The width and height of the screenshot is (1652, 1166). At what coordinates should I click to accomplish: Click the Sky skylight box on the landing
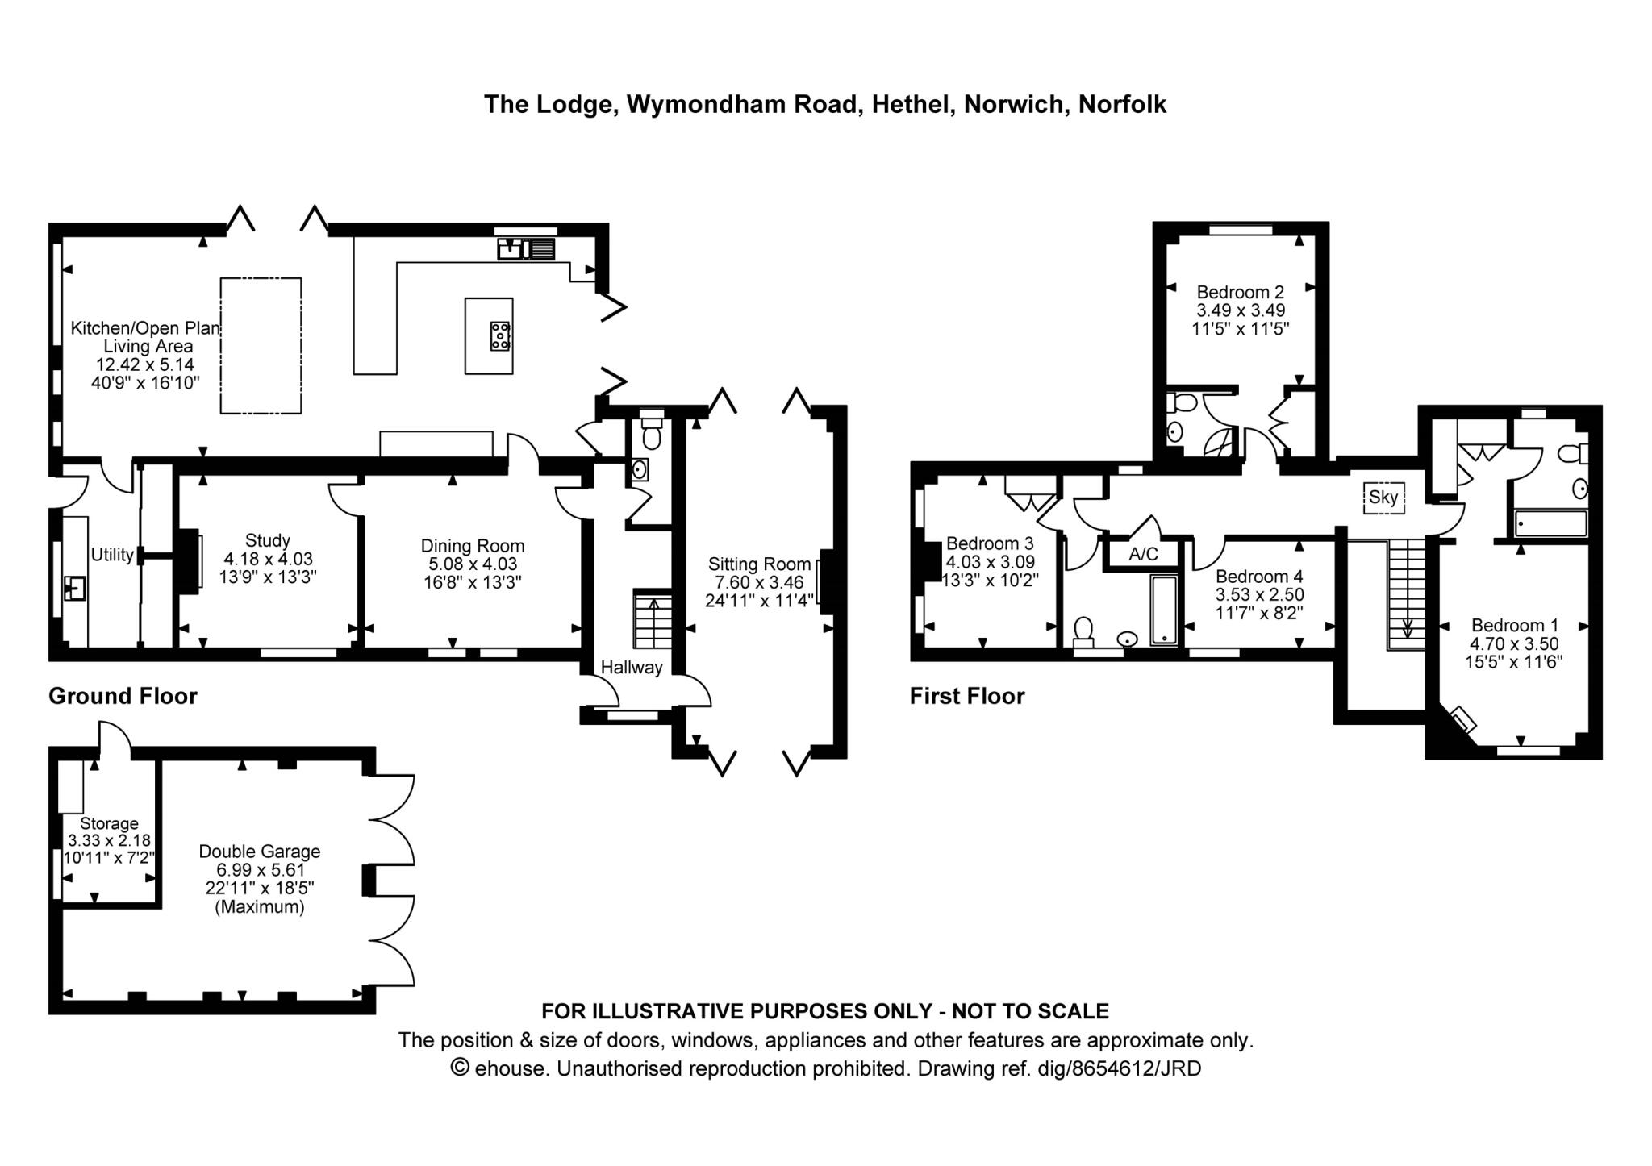coord(1383,498)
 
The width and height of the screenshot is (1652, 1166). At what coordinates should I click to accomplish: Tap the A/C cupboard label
coord(1143,554)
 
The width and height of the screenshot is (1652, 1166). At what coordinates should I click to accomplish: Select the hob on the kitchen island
coord(500,335)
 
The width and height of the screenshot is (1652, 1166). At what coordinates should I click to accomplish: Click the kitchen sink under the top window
coord(527,248)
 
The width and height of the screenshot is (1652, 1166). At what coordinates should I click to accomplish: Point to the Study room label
coord(267,540)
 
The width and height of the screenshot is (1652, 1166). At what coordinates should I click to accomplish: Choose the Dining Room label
coord(473,546)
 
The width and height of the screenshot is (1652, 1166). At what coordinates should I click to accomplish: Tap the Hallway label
coord(632,667)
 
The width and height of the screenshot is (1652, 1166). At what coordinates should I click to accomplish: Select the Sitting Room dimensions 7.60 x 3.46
coord(758,582)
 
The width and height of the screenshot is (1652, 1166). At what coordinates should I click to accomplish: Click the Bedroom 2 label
coord(1240,292)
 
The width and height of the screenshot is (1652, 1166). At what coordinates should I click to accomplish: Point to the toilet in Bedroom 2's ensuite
coord(1182,402)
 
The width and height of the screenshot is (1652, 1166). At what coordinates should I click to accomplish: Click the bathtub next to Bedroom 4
coord(1164,610)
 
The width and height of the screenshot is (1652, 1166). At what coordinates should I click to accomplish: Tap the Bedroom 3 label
coord(990,543)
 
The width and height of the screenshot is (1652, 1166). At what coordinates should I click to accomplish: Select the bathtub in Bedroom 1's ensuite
coord(1550,523)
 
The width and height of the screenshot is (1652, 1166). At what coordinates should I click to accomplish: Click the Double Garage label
coord(260,851)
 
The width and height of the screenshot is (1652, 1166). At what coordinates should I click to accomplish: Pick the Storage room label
coord(109,823)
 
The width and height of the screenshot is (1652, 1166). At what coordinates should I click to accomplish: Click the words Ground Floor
coord(123,696)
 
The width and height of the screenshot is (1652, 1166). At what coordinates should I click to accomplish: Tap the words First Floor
coord(967,696)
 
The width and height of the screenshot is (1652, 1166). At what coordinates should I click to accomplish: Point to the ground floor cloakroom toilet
coord(651,433)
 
